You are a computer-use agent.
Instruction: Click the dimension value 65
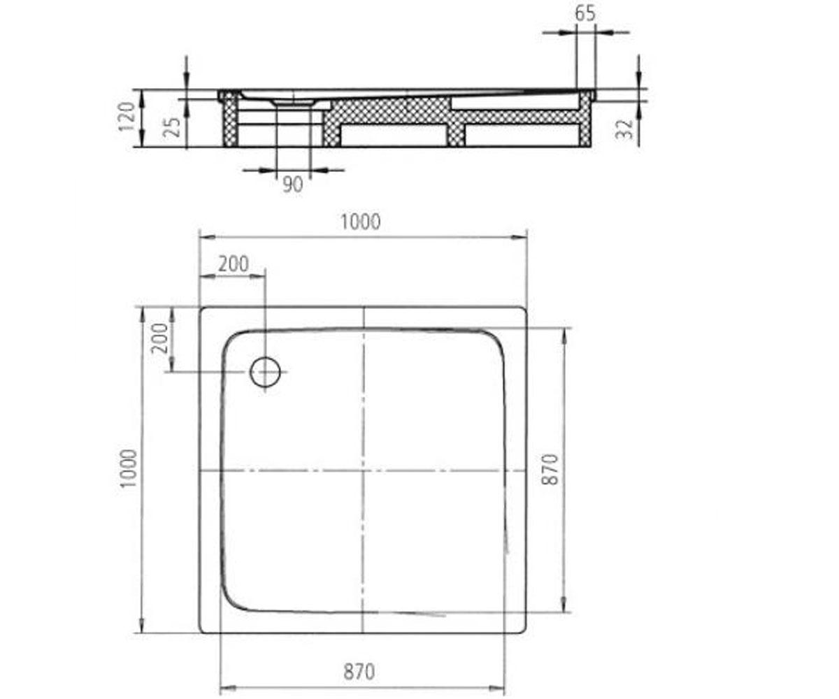[585, 14]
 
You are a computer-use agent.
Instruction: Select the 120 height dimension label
[127, 117]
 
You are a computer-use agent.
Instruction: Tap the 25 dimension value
[173, 127]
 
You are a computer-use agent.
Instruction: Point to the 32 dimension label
[625, 129]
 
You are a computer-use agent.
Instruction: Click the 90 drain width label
[292, 185]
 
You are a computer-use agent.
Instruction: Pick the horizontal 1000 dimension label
[361, 222]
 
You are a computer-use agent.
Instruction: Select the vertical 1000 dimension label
[129, 468]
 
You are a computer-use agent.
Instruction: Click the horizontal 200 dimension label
[234, 264]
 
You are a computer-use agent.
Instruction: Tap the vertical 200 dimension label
[159, 338]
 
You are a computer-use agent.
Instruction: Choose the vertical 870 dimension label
[550, 470]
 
